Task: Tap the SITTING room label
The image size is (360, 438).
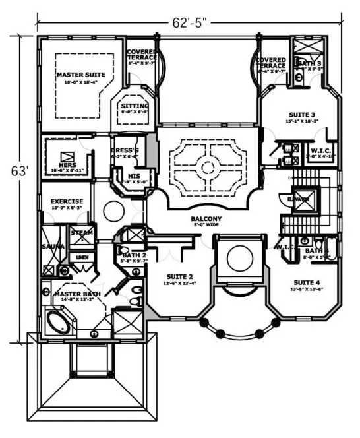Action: [x=135, y=106]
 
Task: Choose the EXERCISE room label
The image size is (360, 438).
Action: [x=67, y=201]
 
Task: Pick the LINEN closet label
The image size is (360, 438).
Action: [x=82, y=257]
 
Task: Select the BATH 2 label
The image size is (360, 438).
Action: [x=134, y=255]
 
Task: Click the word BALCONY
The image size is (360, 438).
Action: [x=206, y=220]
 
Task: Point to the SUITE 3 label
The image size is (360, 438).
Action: [x=302, y=113]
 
